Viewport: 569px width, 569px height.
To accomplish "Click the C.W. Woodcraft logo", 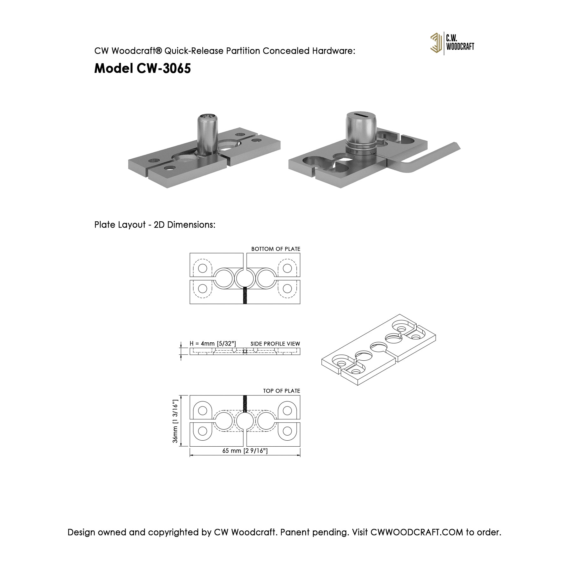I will (452, 43).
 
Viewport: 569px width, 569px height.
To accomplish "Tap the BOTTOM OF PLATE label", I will (276, 249).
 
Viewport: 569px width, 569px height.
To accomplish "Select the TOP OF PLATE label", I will (281, 391).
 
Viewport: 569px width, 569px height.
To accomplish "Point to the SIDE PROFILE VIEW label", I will (275, 344).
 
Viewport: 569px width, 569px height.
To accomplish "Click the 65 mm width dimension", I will (245, 451).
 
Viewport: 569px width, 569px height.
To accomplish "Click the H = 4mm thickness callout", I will (212, 344).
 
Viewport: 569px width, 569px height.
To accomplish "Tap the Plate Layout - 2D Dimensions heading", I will (155, 225).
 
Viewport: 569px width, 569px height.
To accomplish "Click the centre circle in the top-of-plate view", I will (245, 421).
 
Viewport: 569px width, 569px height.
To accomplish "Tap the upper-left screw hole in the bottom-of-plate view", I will (202, 268).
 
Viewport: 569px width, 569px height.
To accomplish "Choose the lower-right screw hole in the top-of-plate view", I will (287, 431).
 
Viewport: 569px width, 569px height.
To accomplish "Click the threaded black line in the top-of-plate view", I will (245, 404).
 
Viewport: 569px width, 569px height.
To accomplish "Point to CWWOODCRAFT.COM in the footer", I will (417, 532).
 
